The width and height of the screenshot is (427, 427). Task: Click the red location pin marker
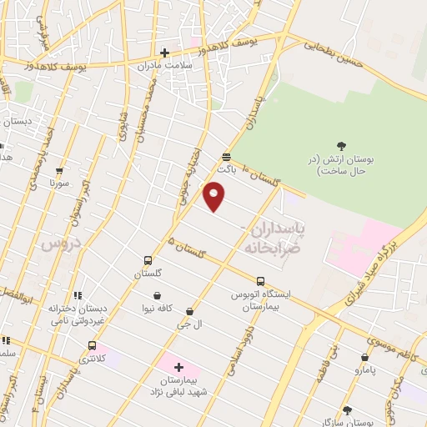click(214, 198)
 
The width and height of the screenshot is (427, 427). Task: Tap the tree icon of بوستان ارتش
click(341, 146)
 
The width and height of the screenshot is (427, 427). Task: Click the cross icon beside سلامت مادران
click(165, 53)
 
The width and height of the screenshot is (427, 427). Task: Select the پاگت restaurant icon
click(226, 156)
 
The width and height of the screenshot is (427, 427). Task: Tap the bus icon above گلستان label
click(148, 260)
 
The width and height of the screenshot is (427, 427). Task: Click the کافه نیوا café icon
click(158, 294)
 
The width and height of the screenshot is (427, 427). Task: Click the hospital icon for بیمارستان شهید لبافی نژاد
click(178, 367)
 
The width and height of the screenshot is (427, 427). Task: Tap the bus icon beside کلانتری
click(92, 345)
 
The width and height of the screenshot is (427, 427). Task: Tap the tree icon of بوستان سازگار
click(347, 409)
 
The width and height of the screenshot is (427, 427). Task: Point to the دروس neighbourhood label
click(58, 244)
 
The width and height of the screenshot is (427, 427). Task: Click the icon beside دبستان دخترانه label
click(78, 294)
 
